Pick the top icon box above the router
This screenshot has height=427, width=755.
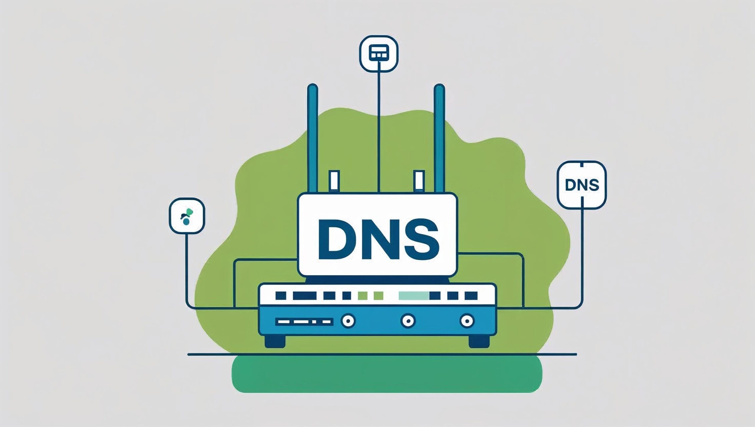click(379, 54)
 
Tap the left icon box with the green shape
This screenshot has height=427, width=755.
click(187, 216)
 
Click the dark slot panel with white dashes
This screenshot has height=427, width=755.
click(304, 322)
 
